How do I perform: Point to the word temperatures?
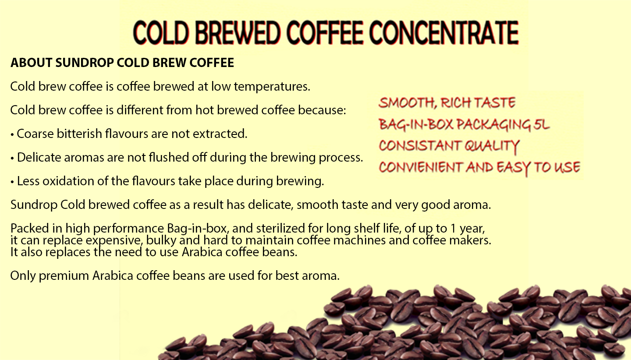pos(272,86)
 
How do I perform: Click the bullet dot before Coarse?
pos(12,134)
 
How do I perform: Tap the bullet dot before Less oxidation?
pos(12,181)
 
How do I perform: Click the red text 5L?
pos(542,125)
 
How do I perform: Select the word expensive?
pos(114,240)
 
